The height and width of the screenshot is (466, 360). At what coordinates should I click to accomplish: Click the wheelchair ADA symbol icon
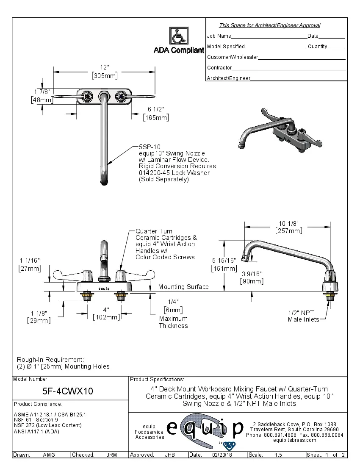pos(179,36)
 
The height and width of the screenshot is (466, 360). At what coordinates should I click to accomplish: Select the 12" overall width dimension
pos(105,68)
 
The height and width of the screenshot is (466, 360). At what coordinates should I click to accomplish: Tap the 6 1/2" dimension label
pos(156,109)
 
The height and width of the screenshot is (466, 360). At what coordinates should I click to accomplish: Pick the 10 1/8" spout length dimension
pos(289,223)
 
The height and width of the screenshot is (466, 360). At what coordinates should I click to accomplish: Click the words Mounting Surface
pos(183,287)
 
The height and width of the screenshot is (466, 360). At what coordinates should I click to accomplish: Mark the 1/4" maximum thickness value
pos(173,302)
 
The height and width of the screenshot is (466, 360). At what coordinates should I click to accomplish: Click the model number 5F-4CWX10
pos(68,391)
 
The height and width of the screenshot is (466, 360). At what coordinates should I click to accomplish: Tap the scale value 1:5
pos(278,455)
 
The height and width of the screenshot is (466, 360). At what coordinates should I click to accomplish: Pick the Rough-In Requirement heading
pos(50,359)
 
